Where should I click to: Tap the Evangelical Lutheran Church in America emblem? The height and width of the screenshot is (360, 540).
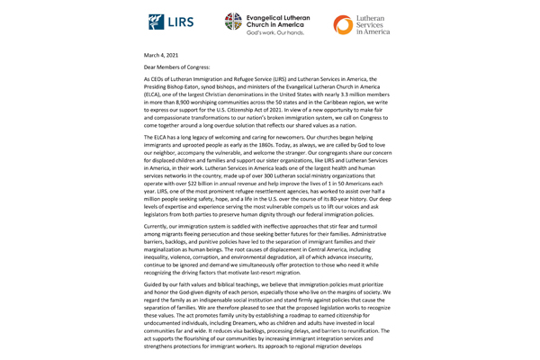[231, 22]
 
